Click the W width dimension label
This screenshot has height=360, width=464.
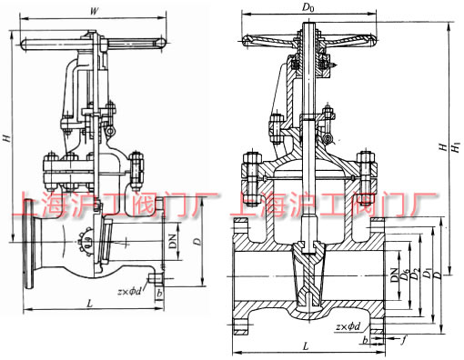point(94,11)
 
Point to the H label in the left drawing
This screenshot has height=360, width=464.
point(7,137)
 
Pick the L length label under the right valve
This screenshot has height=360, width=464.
point(306,346)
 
